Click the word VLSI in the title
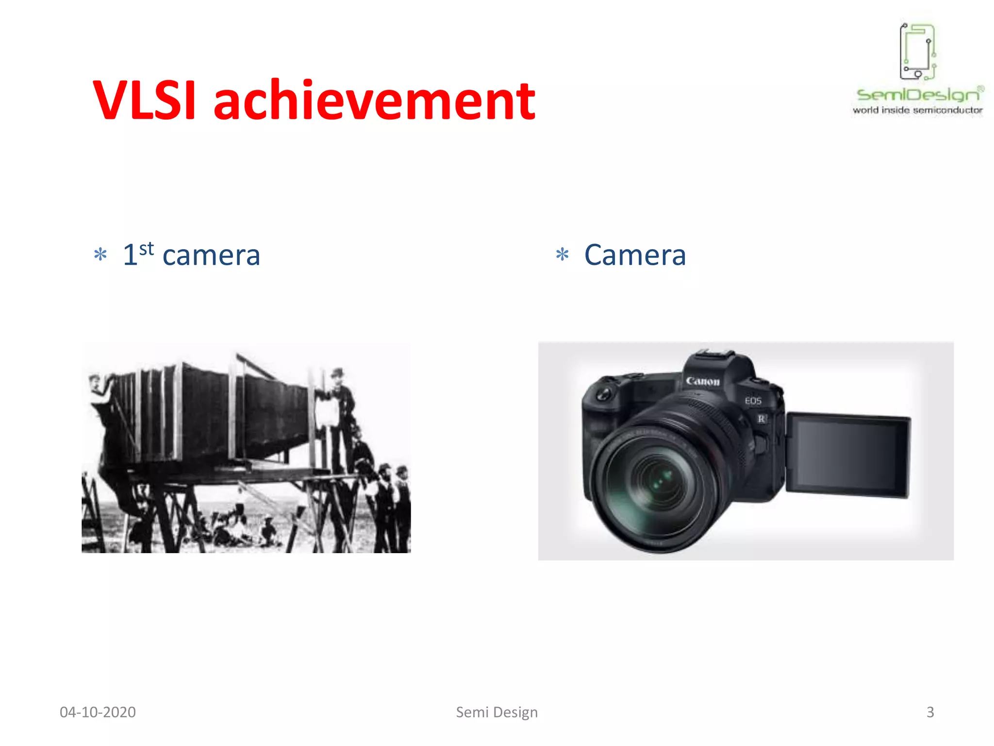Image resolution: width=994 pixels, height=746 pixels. point(144,101)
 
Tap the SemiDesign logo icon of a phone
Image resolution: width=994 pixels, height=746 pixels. point(917,51)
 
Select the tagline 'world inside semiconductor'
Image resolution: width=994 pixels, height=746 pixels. point(917,110)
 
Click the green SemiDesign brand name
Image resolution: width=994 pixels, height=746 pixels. point(917,95)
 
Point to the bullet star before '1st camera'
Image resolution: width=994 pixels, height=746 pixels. point(100,254)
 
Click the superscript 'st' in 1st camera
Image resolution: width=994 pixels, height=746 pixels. point(146,249)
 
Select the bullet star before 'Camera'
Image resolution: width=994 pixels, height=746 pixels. point(562,254)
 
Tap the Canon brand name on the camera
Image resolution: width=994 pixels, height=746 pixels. point(702,381)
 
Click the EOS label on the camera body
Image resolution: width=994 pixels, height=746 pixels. point(753,401)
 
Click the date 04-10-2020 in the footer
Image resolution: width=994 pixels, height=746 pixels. point(98,712)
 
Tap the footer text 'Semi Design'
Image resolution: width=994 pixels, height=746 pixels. point(497,712)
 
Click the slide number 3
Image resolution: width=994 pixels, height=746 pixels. point(930,712)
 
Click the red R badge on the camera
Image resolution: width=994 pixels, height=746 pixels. point(761,419)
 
